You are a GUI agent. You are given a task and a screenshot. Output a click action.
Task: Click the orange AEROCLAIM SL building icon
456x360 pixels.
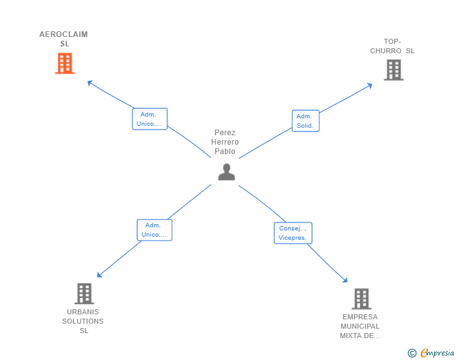click(x=65, y=63)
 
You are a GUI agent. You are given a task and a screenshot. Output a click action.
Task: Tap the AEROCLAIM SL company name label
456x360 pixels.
click(x=64, y=39)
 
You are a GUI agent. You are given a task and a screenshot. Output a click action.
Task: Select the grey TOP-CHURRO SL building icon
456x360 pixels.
click(x=394, y=70)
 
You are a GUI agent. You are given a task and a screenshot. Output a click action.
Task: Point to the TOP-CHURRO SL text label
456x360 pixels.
click(x=392, y=46)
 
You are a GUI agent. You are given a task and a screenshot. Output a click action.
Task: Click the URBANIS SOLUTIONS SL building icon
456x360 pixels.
click(x=85, y=294)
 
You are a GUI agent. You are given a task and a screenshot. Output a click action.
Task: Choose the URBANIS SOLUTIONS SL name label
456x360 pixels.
click(x=83, y=321)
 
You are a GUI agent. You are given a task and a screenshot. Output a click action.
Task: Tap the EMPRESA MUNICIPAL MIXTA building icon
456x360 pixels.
click(x=361, y=299)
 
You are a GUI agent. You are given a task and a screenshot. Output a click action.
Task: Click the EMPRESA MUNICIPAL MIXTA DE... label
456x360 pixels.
click(x=360, y=326)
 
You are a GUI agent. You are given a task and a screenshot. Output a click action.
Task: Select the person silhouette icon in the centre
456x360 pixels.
click(x=227, y=172)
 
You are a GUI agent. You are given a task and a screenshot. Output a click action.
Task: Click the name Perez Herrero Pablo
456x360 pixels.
click(x=225, y=142)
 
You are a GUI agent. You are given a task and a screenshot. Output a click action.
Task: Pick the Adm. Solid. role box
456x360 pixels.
click(x=306, y=121)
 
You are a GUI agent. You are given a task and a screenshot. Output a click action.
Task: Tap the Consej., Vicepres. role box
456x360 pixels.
click(x=293, y=233)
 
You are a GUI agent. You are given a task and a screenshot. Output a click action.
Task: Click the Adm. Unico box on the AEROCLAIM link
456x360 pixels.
click(x=150, y=119)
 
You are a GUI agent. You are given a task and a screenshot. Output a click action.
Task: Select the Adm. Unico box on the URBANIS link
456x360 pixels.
click(x=155, y=230)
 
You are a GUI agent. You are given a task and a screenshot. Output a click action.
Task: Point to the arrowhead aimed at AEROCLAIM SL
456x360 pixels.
click(x=90, y=83)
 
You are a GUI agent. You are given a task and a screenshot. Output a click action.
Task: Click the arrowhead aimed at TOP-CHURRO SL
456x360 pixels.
click(x=370, y=86)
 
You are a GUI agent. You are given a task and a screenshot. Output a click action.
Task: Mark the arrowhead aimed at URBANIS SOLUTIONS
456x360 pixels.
click(x=99, y=275)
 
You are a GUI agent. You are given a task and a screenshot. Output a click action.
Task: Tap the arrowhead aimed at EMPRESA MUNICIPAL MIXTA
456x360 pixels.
click(x=345, y=280)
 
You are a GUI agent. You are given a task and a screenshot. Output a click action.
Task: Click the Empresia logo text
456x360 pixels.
click(x=437, y=352)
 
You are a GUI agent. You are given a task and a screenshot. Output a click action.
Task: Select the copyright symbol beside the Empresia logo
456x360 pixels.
click(x=412, y=353)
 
